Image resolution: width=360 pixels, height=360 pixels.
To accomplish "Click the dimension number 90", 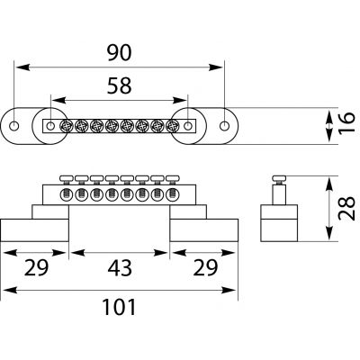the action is pos(120,52).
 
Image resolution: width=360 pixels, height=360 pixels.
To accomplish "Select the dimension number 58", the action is pos(120,85).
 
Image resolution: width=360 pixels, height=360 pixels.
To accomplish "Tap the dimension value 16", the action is pos(347,122).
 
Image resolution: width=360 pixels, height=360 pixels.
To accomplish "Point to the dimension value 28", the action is pos(346,209).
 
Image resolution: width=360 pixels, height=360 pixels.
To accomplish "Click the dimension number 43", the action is pos(120,268).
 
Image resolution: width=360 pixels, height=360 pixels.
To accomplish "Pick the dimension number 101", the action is pos(120,307).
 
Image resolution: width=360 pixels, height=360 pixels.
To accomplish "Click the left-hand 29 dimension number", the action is pos(36,268).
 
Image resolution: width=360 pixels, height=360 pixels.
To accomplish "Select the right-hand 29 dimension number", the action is pos(205,268).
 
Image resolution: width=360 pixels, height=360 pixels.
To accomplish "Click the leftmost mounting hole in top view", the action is pos(13,126).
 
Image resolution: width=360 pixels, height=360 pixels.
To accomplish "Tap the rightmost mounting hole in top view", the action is pos(224,126).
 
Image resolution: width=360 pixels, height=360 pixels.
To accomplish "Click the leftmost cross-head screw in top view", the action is pos(66,126).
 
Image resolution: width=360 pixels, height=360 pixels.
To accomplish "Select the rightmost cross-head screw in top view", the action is pos(172,126).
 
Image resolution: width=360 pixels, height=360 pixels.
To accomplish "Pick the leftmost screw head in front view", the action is pos(66,178).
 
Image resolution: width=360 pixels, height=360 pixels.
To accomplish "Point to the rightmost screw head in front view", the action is pos(172,178).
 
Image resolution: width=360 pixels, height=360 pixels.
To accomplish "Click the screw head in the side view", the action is pos(279,178).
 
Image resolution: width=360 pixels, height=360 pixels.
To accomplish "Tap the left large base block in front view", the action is pos(35,230).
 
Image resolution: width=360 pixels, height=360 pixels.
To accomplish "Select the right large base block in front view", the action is pos(204,230).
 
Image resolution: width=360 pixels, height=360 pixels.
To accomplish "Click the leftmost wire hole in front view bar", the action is pos(66,195).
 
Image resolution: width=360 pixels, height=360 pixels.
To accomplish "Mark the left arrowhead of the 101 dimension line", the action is pos(9,290).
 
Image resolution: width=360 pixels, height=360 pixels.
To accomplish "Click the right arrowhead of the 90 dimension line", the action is pos(216,67).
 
